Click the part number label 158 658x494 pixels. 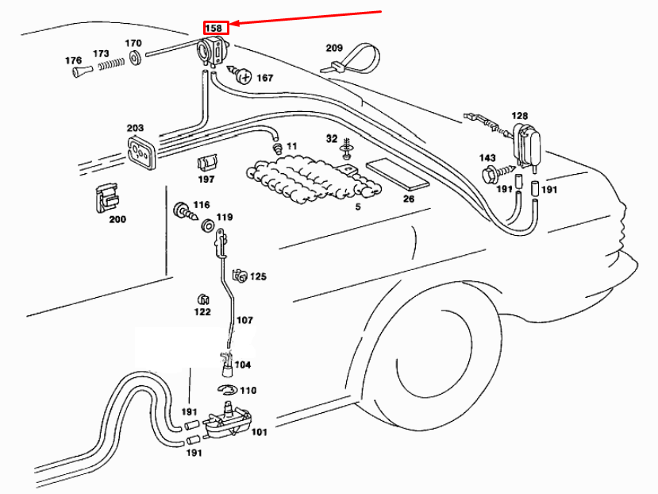pos(214,28)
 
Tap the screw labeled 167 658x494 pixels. pos(244,77)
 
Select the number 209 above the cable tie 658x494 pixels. pos(334,48)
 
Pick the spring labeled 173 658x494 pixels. pos(111,66)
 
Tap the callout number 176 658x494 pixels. pos(73,60)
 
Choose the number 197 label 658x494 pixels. pos(206,179)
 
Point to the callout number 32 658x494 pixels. pos(332,139)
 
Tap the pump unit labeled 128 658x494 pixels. pos(527,145)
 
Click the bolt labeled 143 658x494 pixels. pos(489,172)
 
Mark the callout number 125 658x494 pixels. pos(259,277)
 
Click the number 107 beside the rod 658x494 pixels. pos(244,321)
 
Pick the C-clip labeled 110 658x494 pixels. pos(226,390)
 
